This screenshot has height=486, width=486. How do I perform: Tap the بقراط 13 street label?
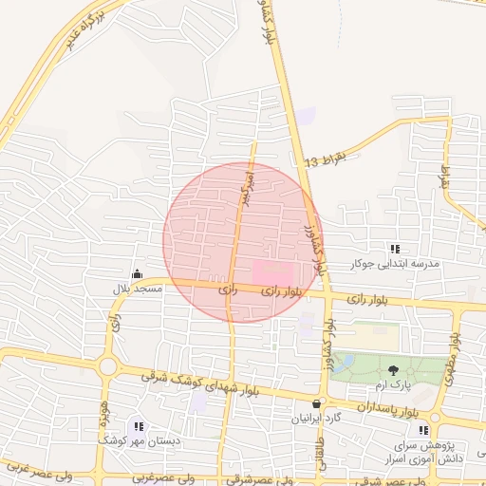(327, 158)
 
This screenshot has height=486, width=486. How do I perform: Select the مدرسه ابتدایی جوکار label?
(394, 264)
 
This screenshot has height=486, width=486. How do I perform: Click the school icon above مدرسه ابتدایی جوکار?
(395, 249)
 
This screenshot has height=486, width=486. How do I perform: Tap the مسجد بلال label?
(138, 286)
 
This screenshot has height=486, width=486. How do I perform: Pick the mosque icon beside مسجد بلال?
(138, 272)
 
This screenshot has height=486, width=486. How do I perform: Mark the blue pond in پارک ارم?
(345, 363)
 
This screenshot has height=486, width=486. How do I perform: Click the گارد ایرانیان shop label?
(318, 418)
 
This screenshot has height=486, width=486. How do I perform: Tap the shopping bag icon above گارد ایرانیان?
(316, 402)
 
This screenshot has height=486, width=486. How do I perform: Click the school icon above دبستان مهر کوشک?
(140, 427)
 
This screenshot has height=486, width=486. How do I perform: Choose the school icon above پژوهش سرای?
(423, 430)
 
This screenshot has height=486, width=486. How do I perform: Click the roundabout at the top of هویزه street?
(107, 366)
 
